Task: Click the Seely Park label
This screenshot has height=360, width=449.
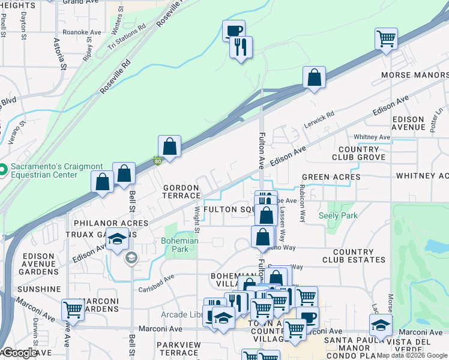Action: tap(338, 215)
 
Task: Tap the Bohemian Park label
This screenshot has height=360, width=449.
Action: tap(179, 245)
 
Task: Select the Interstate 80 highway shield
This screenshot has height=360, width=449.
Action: tap(157, 161)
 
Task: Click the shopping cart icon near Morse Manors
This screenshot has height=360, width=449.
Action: tap(386, 40)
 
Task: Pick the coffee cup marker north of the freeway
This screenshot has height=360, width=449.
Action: tap(233, 31)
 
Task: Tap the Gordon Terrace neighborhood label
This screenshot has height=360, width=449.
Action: tap(182, 191)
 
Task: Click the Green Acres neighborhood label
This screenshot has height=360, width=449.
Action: tap(331, 177)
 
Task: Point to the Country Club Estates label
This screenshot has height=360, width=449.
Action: tap(354, 256)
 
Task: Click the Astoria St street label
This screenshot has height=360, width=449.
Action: tap(61, 54)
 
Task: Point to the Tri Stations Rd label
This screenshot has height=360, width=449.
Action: tap(127, 37)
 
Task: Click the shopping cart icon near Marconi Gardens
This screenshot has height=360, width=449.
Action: tap(73, 310)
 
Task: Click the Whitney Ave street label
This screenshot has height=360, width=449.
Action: tap(372, 137)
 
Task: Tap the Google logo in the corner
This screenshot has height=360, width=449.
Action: tap(20, 353)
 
